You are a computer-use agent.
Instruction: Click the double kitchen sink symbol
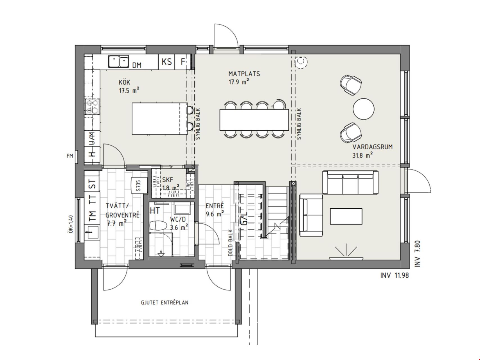click(118, 61)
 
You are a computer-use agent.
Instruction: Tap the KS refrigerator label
click(166, 61)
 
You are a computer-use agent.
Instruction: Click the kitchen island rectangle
click(160, 118)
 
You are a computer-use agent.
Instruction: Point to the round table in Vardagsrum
click(364, 109)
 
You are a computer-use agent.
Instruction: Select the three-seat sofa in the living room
click(350, 183)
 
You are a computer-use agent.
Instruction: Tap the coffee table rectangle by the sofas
click(346, 216)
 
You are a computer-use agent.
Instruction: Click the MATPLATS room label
click(244, 74)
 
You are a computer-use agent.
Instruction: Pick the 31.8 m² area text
click(362, 155)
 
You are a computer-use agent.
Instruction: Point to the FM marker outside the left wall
click(70, 156)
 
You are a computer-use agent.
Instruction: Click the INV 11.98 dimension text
click(394, 275)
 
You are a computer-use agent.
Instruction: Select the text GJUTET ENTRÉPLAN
click(164, 303)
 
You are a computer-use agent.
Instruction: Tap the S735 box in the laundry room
click(139, 185)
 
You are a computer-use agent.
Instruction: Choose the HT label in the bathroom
click(155, 210)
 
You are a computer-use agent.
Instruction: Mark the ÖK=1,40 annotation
click(71, 224)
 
